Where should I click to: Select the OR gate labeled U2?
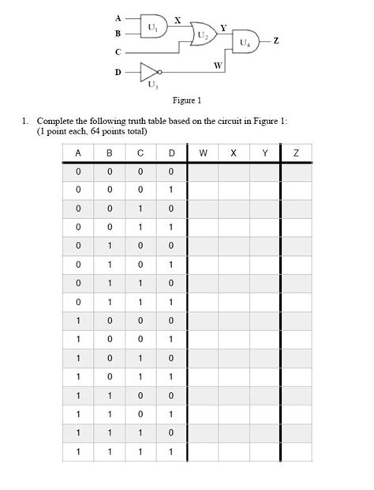[204, 36]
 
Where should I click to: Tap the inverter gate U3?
[151, 71]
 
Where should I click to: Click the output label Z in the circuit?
[276, 41]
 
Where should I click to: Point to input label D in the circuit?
[118, 71]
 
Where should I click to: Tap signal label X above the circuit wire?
[178, 18]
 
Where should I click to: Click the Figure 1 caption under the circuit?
[188, 100]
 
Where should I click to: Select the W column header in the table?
[203, 153]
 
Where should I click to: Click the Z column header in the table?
[296, 153]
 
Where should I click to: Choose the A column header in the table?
[78, 153]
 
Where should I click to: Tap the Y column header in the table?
[264, 153]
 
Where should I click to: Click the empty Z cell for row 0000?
[296, 171]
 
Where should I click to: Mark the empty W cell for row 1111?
[203, 451]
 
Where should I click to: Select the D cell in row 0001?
[170, 190]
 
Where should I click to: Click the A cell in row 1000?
[78, 321]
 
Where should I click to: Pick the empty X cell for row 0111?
[234, 302]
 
